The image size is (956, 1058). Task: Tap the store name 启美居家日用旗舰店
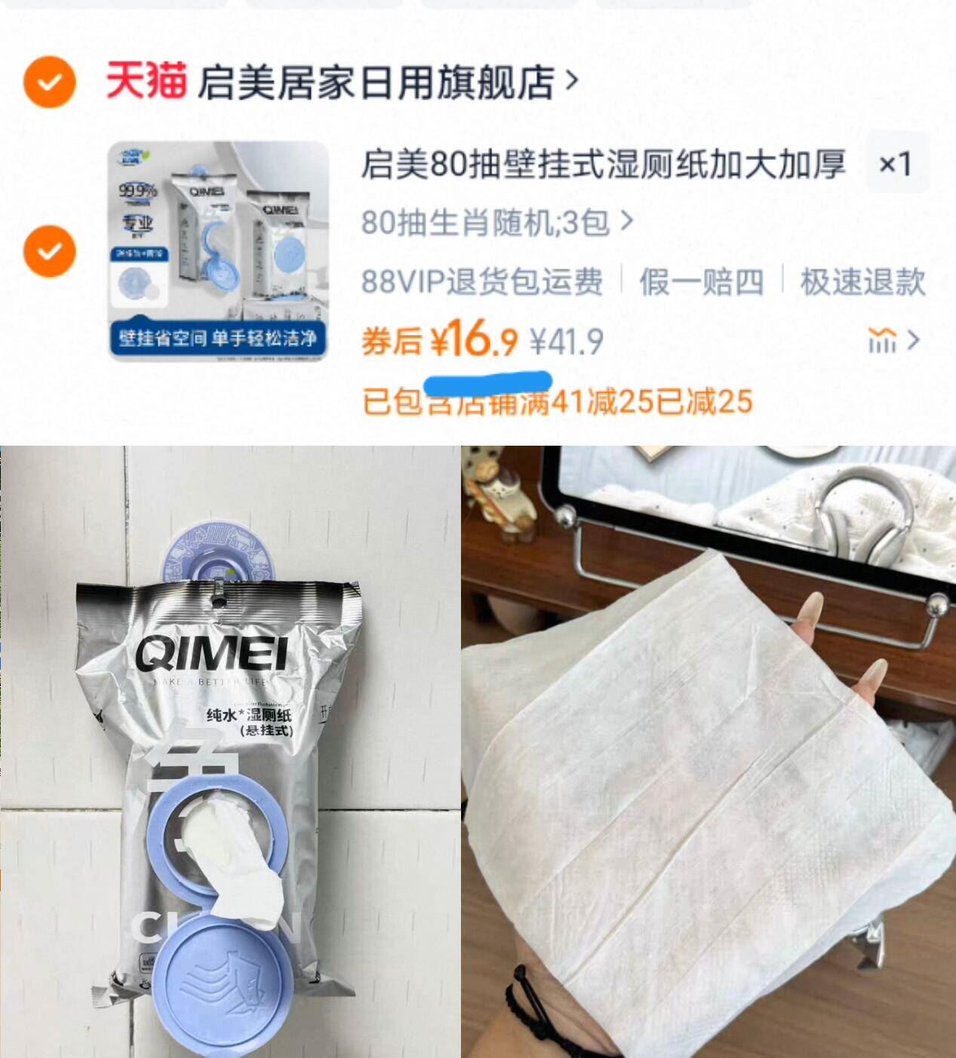pos(376,82)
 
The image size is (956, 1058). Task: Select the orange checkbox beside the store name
pos(50,82)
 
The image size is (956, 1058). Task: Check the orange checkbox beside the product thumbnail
pos(50,250)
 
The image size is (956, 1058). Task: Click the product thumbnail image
pos(219,250)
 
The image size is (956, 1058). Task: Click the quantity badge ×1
pos(896,164)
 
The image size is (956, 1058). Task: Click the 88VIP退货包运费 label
pos(482,282)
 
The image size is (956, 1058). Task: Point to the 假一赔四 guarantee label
pos(701,282)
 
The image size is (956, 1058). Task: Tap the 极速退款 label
pos(862,282)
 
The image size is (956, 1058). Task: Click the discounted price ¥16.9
pos(474,341)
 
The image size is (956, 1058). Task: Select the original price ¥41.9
pos(566,342)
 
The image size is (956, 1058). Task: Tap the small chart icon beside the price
pos(882,341)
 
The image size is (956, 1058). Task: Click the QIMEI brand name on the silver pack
pos(211,652)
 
